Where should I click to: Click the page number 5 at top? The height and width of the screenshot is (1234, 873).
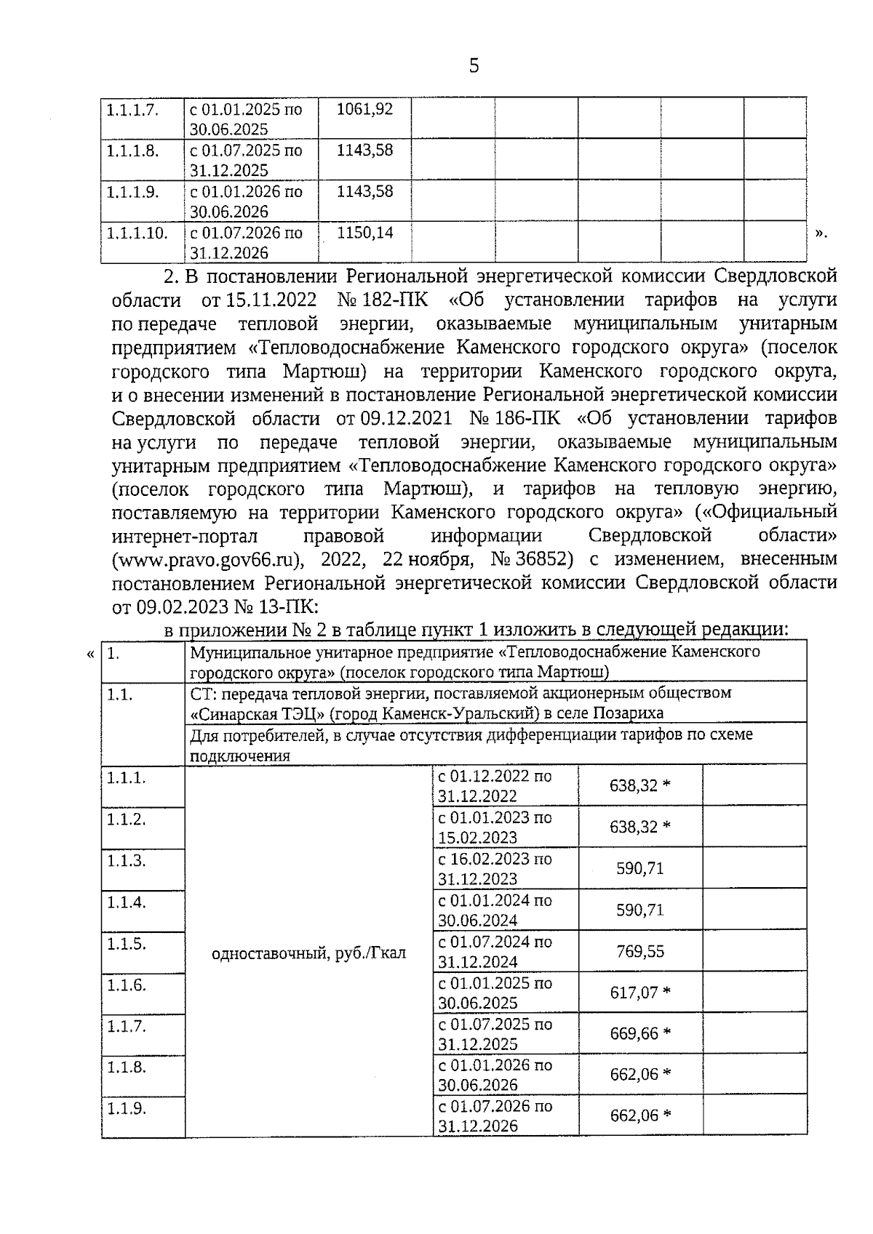click(474, 67)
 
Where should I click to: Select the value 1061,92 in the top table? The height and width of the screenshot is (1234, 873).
click(364, 109)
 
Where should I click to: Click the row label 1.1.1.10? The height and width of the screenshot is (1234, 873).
click(137, 233)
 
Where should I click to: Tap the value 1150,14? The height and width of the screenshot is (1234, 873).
click(364, 233)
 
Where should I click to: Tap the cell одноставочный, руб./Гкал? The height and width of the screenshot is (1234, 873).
click(308, 953)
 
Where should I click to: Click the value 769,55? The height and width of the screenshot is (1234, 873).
click(640, 951)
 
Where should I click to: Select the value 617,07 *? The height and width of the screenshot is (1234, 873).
click(640, 993)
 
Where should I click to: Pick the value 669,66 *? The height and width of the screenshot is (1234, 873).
click(640, 1033)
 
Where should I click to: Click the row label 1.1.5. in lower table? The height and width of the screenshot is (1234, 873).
click(127, 944)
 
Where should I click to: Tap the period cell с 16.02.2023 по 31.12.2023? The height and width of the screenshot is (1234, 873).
click(495, 869)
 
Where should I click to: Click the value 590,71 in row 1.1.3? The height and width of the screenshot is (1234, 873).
click(640, 868)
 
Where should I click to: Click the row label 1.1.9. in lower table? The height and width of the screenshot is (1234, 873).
click(127, 1109)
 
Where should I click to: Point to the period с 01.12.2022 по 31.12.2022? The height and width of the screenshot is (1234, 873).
click(495, 786)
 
